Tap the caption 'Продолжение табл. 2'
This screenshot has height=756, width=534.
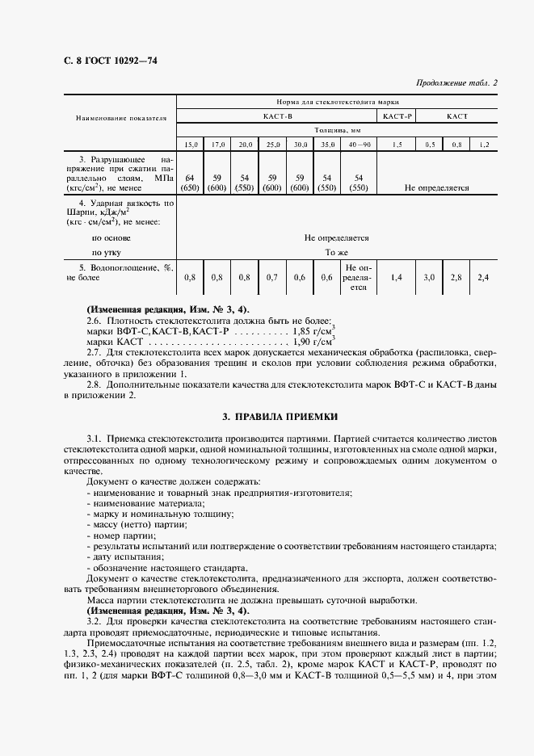(456, 82)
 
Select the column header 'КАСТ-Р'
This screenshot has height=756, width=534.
(397, 116)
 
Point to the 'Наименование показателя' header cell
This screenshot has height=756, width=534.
(121, 116)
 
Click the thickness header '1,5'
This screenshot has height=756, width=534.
(397, 144)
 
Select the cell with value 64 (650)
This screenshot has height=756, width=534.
(191, 182)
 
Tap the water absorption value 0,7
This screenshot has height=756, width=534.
(272, 277)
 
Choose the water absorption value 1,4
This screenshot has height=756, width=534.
(397, 277)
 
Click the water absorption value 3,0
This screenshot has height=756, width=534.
(429, 277)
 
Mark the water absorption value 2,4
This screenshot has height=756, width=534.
(483, 277)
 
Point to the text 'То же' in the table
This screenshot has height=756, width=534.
(336, 253)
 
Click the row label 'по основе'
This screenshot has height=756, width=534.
(111, 238)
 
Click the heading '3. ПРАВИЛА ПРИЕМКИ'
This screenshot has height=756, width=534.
(280, 417)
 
